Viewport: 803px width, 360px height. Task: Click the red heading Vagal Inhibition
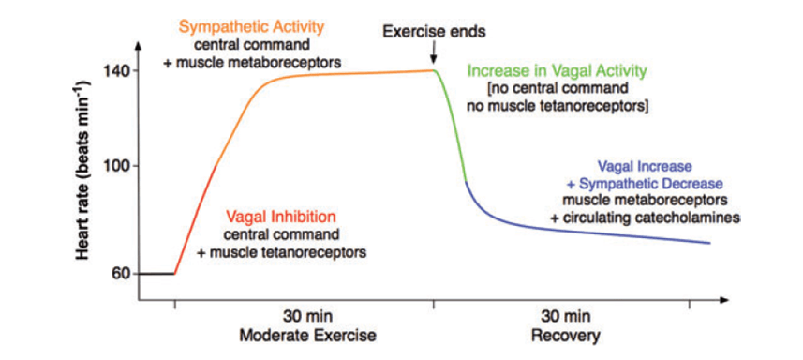(282, 216)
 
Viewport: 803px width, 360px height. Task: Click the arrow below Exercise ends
(434, 55)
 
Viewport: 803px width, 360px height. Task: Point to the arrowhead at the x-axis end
(722, 301)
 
